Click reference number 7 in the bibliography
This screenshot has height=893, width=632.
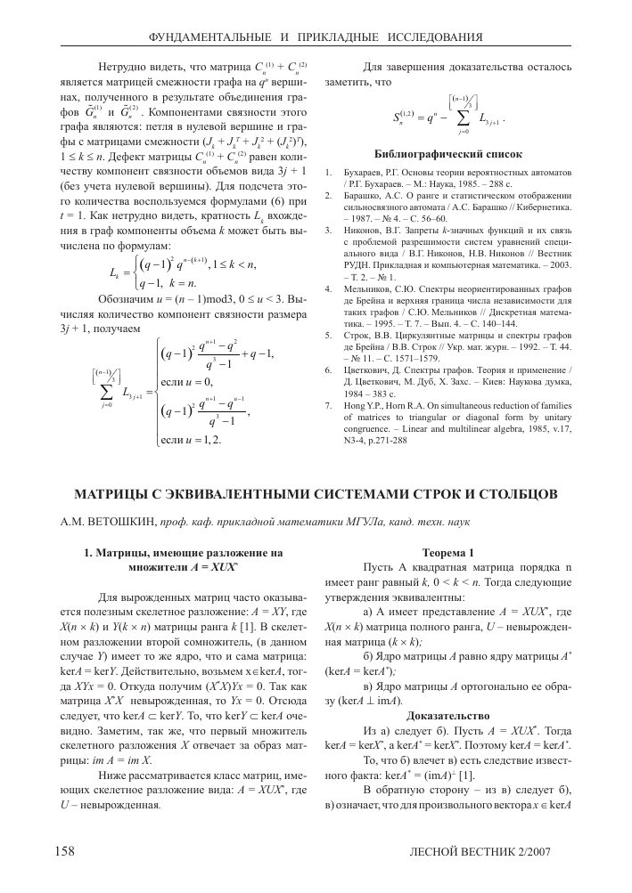pos(327,403)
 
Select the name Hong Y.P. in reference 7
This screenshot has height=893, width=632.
pos(365,403)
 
